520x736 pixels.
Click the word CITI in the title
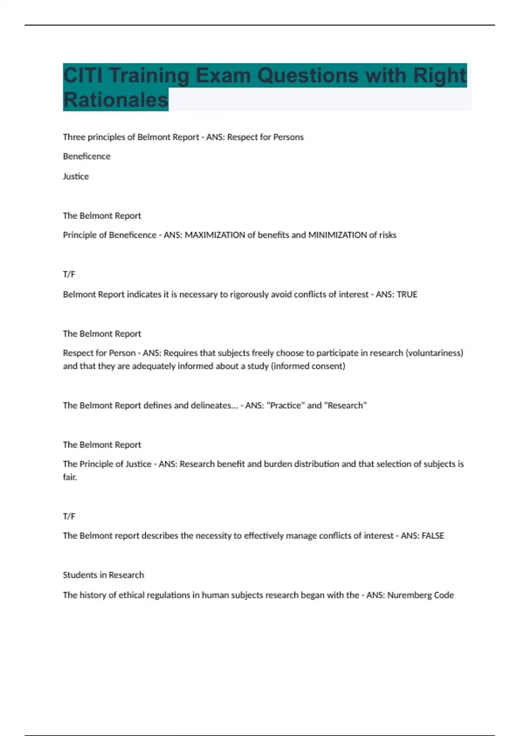[x=83, y=75]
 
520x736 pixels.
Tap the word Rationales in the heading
[x=115, y=100]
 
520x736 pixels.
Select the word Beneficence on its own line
[x=87, y=156]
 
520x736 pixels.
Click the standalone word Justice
[x=76, y=176]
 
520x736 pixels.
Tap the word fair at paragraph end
[x=70, y=477]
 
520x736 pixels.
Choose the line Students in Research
[x=103, y=575]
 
